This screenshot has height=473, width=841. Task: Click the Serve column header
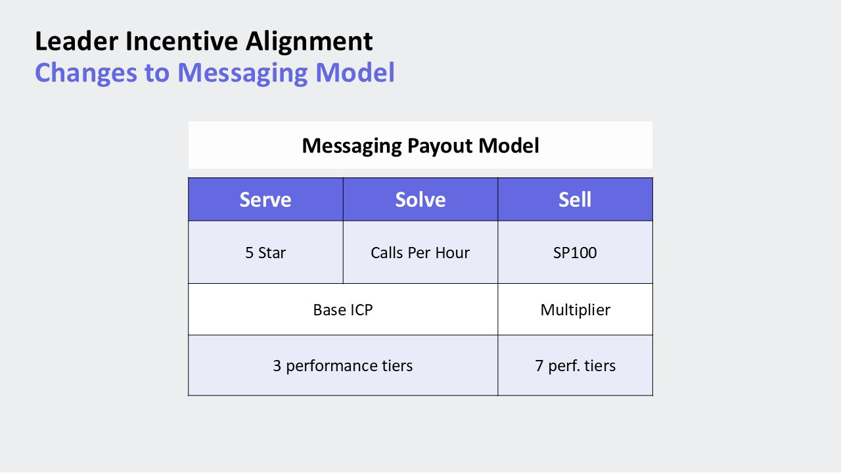coord(265,199)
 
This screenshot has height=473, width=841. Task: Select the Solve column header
coord(420,199)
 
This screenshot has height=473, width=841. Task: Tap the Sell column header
coord(575,199)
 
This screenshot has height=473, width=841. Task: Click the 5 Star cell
coord(265,252)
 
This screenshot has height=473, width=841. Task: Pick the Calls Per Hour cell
coord(420,252)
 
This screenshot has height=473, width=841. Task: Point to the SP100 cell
coord(575,252)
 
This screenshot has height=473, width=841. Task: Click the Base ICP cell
coord(343,309)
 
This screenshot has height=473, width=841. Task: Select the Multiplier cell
coord(575,309)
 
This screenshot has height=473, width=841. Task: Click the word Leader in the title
coord(77,41)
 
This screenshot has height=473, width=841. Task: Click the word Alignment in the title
coord(309,42)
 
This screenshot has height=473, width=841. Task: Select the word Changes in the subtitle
coord(86,73)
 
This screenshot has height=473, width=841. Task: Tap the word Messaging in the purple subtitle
coord(242,73)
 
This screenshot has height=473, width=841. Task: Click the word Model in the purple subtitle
coord(355,72)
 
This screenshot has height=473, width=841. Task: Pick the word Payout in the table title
coord(440,146)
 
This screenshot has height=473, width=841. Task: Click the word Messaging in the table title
coord(352,146)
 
